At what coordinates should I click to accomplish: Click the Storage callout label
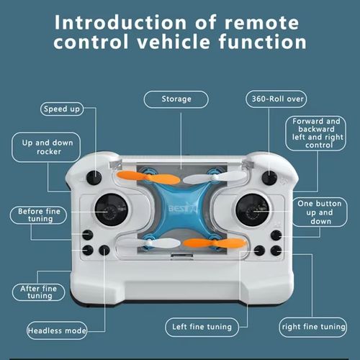tap(176, 99)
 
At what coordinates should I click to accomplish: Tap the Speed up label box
tap(60, 109)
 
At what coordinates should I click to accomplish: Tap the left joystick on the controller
tap(111, 208)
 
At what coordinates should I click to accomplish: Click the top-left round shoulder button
tap(94, 177)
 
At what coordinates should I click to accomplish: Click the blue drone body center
tap(179, 210)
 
